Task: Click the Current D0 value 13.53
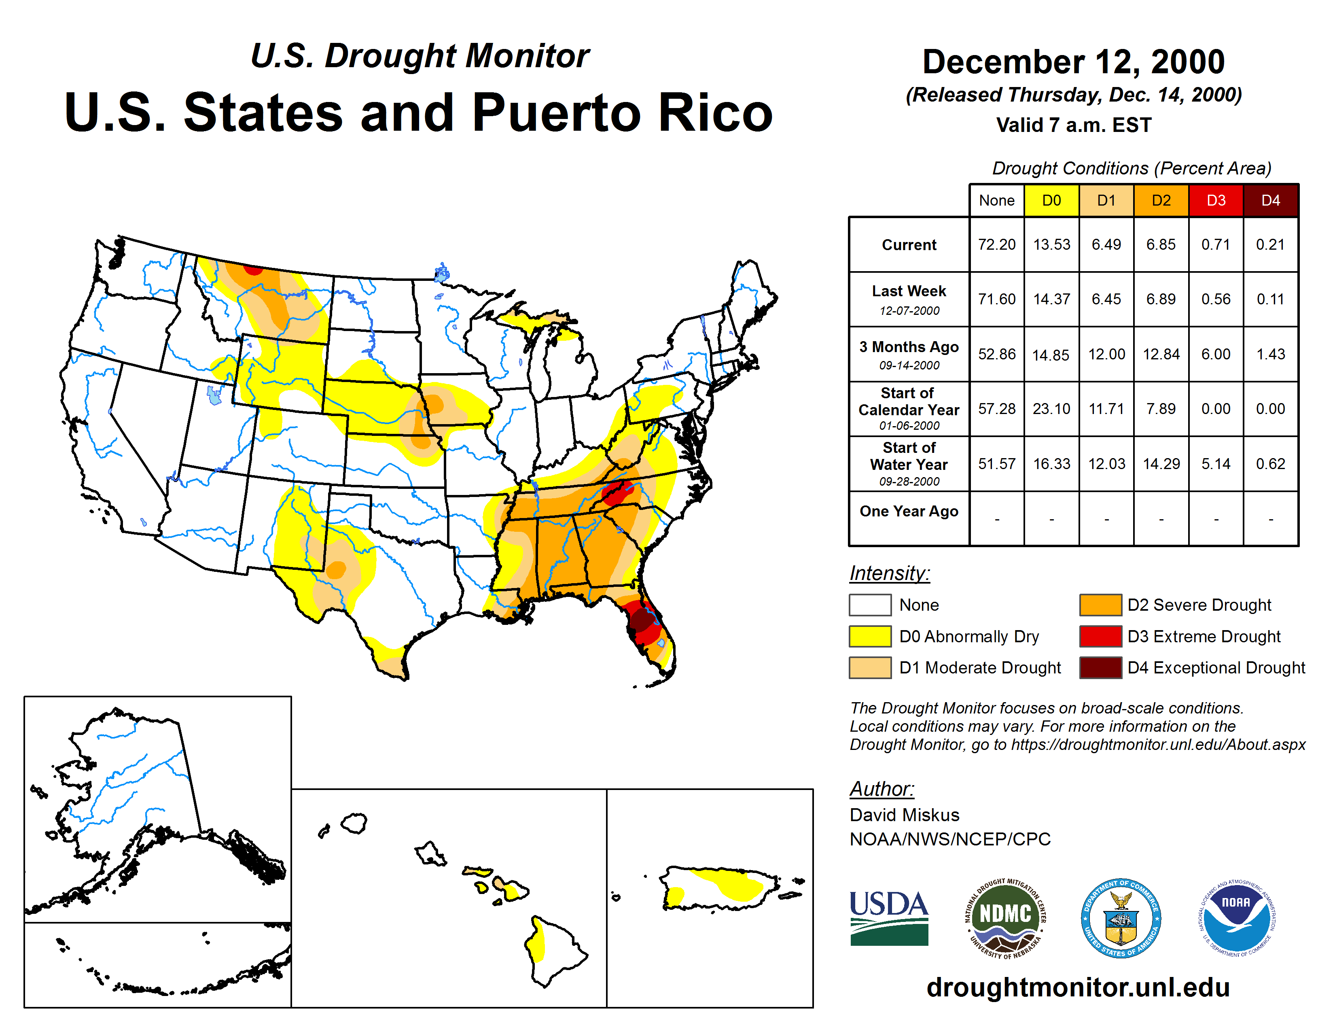click(x=1051, y=244)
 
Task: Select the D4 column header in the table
click(x=1270, y=200)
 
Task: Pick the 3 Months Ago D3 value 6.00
click(x=1216, y=354)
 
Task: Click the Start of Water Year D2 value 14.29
click(x=1161, y=464)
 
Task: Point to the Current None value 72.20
click(x=996, y=244)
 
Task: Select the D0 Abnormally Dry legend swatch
click(x=870, y=637)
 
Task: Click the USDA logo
click(x=889, y=918)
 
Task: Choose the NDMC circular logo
click(x=1005, y=918)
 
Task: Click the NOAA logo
click(x=1236, y=918)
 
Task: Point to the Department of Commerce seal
click(x=1121, y=918)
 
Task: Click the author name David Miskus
click(x=904, y=815)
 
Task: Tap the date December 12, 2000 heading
click(x=1073, y=62)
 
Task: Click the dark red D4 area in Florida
click(x=641, y=620)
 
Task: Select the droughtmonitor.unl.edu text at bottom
click(x=1078, y=988)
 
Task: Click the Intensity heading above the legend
click(x=889, y=573)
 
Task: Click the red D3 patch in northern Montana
click(x=253, y=270)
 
